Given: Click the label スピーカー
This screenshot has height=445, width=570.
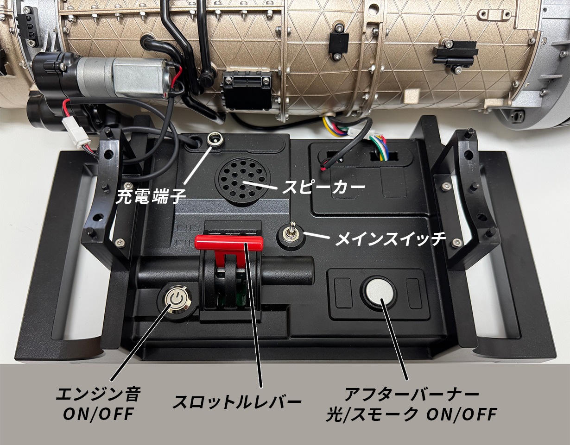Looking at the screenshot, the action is tap(323, 187).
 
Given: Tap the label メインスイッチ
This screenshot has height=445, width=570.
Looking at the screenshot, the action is tap(391, 238).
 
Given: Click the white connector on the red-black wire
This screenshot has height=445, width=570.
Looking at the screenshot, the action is tap(76, 133).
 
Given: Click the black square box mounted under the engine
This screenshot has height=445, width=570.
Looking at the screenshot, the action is tap(247, 90).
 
